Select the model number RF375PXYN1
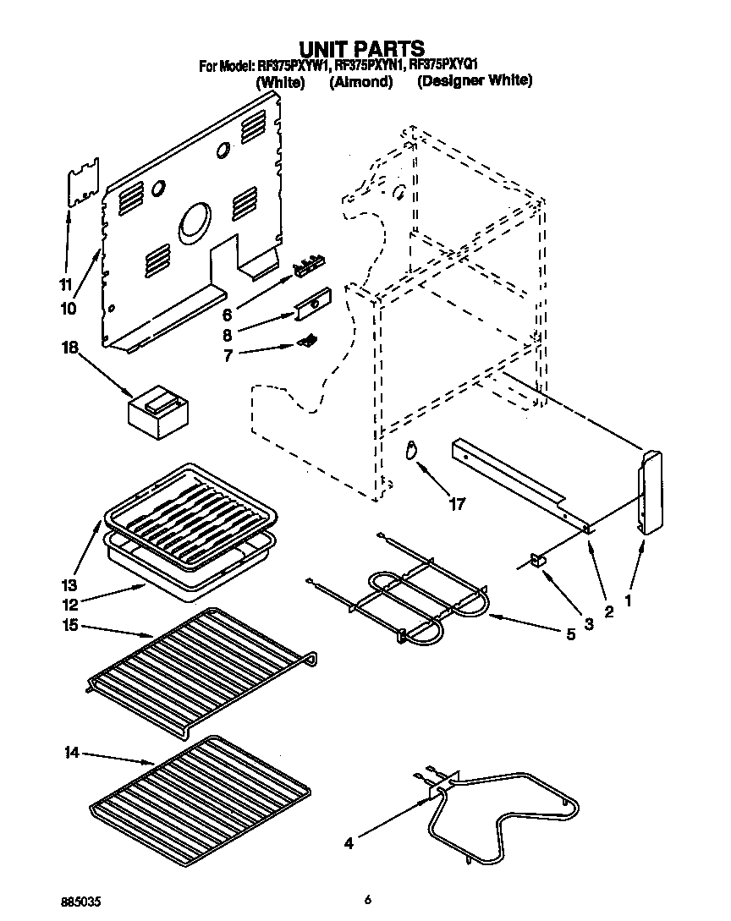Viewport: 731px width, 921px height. point(370,65)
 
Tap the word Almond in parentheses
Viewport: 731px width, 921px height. point(361,82)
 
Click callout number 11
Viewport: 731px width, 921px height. point(64,284)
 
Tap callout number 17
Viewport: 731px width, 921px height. point(457,505)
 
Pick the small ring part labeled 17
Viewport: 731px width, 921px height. point(412,450)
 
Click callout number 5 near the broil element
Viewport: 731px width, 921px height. point(570,633)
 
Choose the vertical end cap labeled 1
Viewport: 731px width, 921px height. point(650,493)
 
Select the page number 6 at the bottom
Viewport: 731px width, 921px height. point(368,900)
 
